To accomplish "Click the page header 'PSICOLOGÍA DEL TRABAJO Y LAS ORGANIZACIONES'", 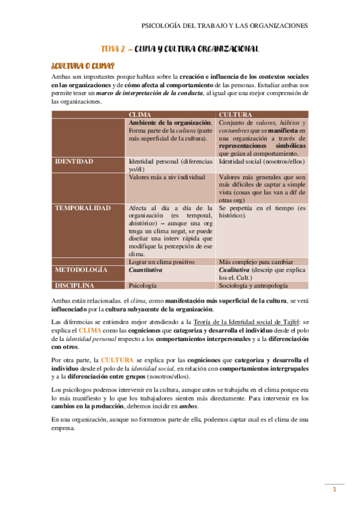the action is pos(224,26).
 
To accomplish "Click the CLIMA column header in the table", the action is pos(140,114).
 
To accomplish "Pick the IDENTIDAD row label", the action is pos(74,162).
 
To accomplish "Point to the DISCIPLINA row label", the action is pos(77,286).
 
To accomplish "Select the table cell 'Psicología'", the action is pos(144,286).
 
